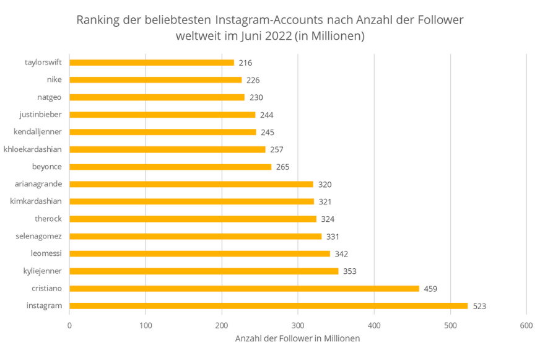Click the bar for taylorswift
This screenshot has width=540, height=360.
click(x=152, y=63)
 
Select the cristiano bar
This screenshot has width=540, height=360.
click(x=244, y=288)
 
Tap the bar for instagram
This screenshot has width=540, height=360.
click(x=268, y=305)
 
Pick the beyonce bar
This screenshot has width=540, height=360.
click(x=170, y=167)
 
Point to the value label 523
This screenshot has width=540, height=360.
click(x=479, y=306)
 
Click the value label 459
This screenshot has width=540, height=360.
click(x=431, y=289)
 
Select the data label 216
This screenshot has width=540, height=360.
click(x=245, y=63)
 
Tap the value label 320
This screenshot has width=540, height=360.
click(x=324, y=185)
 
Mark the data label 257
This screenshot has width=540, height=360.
click(x=277, y=150)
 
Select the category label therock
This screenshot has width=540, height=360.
click(x=48, y=219)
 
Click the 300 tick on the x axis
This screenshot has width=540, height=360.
click(x=298, y=325)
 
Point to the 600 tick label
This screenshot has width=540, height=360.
click(x=526, y=325)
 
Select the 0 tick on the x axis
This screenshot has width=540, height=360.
click(x=69, y=325)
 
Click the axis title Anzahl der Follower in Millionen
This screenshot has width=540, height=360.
click(x=297, y=339)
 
